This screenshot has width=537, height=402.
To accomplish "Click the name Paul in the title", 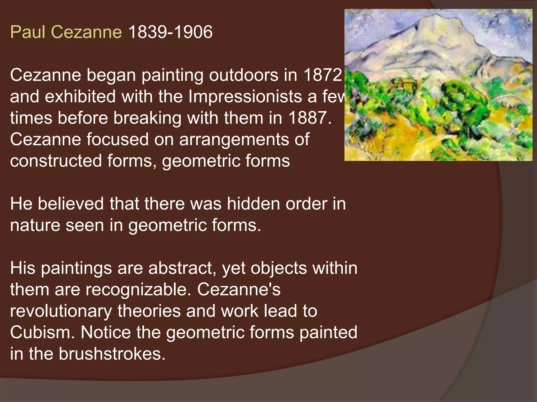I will (28, 32).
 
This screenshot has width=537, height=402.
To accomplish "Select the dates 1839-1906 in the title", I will (170, 32).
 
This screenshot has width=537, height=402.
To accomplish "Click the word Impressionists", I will (245, 97).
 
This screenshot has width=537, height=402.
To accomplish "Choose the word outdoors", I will (244, 75).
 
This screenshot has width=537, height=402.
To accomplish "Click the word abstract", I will (182, 268).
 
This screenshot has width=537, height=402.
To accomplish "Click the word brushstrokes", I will (112, 354).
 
